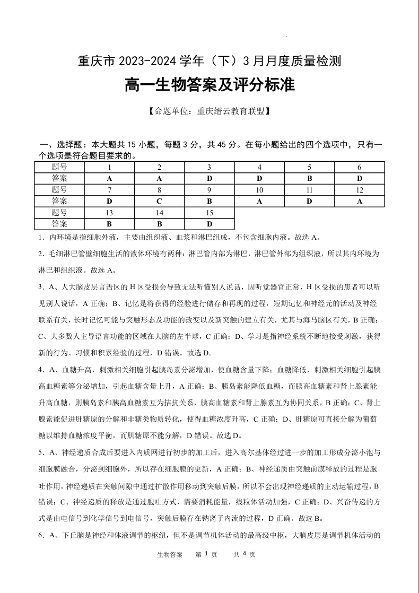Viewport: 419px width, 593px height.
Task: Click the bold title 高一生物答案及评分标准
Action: (209, 85)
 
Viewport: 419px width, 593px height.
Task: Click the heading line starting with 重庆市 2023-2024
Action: (209, 62)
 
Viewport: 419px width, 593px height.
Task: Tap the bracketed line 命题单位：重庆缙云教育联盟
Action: (209, 111)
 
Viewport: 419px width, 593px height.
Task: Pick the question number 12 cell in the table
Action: (359, 190)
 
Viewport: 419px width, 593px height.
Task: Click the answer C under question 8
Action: (159, 201)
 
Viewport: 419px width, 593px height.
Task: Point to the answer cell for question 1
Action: (109, 178)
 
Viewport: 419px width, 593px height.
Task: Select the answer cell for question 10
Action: (259, 201)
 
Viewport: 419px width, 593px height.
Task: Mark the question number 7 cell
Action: (109, 190)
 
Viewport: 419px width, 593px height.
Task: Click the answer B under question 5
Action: (309, 178)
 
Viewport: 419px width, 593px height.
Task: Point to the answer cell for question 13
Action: (109, 224)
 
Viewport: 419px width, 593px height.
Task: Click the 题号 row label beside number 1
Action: (59, 167)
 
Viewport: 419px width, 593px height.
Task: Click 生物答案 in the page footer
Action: (170, 554)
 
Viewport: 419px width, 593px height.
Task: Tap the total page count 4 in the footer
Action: (244, 554)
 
